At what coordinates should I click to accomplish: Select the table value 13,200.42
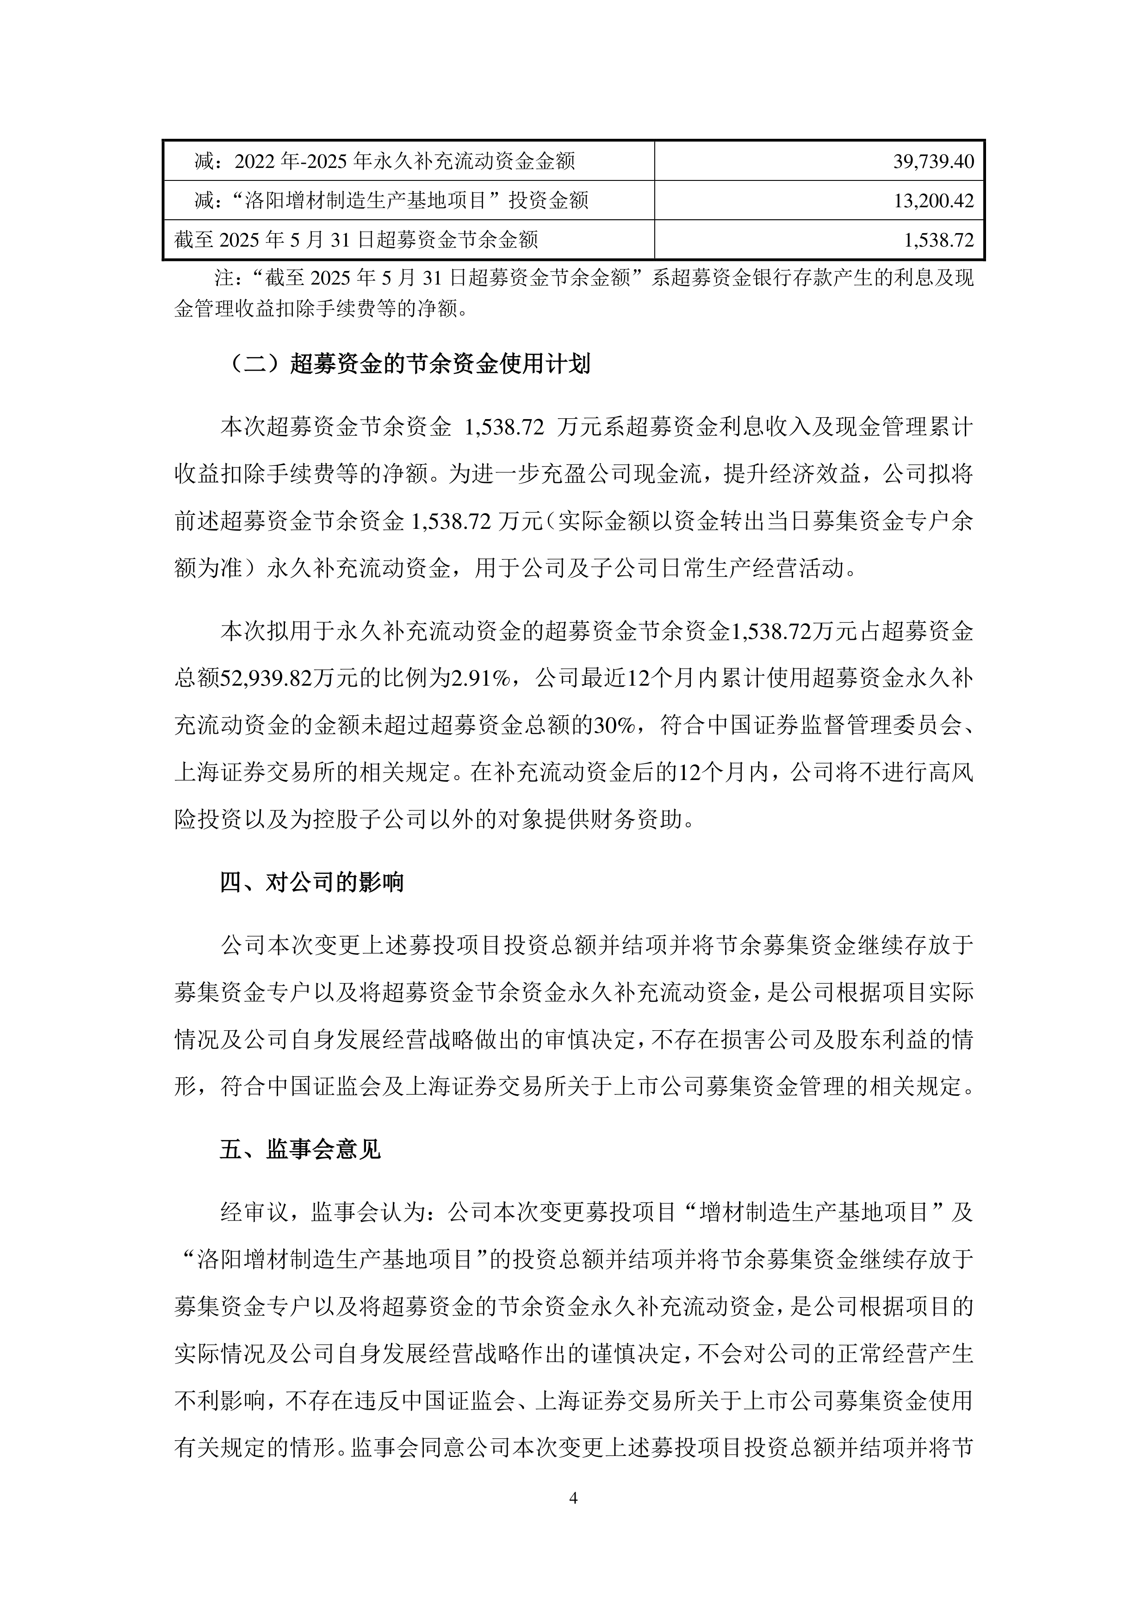(x=933, y=201)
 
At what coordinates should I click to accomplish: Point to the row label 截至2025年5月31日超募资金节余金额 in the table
(x=356, y=240)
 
